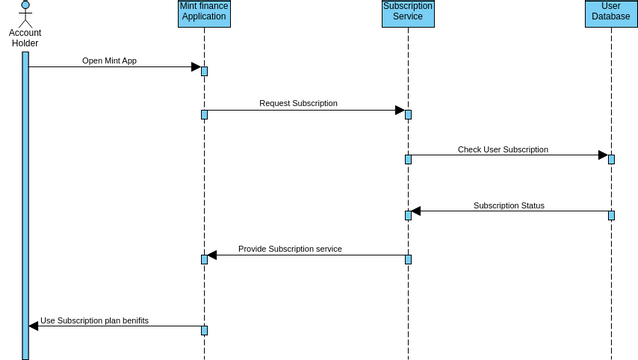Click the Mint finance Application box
[x=204, y=13]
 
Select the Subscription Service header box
[x=408, y=13]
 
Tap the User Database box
[x=611, y=13]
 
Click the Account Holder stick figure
[x=25, y=13]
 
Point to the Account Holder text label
[x=25, y=38]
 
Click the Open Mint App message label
[x=110, y=61]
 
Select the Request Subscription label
[x=298, y=103]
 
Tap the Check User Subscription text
[x=503, y=149]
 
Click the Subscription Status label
[x=509, y=205]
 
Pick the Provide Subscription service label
[x=290, y=249]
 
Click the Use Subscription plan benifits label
[x=95, y=320]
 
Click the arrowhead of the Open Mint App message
[x=196, y=67]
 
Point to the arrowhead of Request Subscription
[x=399, y=110]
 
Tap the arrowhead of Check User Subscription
[x=603, y=155]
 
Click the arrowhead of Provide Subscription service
[x=213, y=255]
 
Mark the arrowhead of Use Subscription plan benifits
[x=34, y=325]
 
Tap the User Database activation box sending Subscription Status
[x=611, y=215]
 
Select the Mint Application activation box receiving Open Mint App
[x=204, y=71]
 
